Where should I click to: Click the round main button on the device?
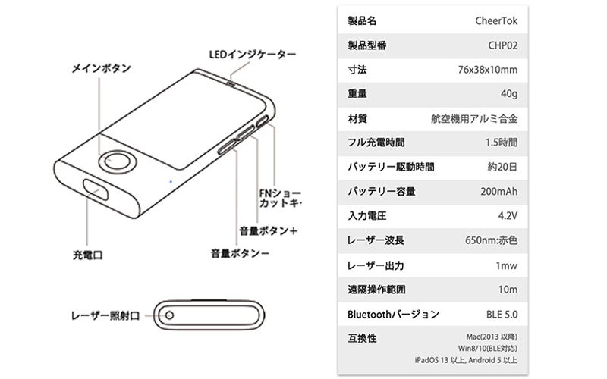pos(117,161)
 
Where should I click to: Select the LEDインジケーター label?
pos(252,55)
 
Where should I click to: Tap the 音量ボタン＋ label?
pos(267,230)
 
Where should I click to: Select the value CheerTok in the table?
pos(496,20)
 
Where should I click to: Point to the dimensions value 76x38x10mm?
pos(488,70)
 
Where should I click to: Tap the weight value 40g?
pos(508,94)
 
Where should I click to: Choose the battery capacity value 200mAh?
pos(498,191)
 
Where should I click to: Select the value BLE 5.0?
pos(501,314)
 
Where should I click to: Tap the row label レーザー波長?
pos(375,240)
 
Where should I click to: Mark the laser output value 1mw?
pos(506,265)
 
